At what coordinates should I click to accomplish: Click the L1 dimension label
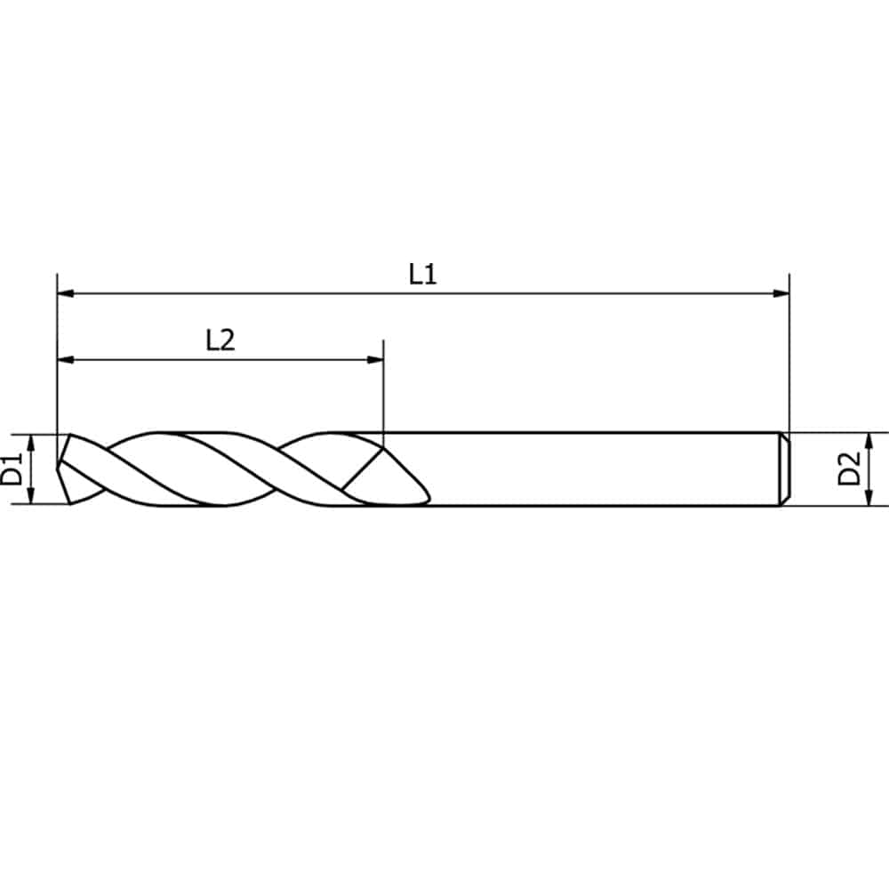423,275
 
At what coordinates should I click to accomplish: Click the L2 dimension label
220,340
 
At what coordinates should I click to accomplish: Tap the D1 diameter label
12,469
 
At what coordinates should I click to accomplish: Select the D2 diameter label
849,469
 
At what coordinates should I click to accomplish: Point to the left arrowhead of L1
66,293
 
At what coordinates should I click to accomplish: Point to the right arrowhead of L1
781,293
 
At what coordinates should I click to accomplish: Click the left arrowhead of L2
66,359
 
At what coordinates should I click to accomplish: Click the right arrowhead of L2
375,359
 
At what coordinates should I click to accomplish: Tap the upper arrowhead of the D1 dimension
31,443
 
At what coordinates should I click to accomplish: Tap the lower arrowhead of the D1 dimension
31,495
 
